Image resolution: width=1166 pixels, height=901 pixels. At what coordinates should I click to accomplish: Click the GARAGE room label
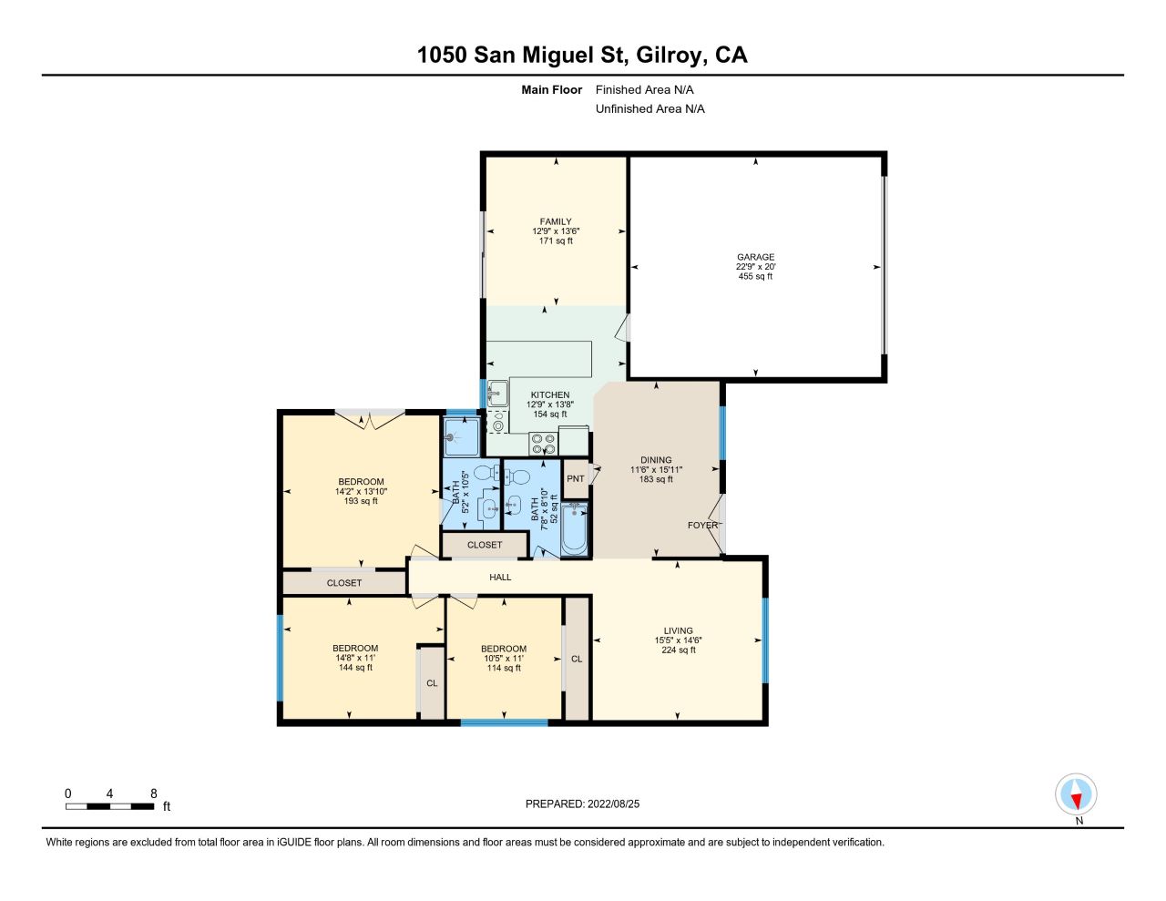pyautogui.click(x=755, y=257)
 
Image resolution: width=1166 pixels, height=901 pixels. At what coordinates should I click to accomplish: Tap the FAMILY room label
pyautogui.click(x=556, y=221)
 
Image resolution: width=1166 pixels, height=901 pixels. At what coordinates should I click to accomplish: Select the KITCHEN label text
pyautogui.click(x=550, y=395)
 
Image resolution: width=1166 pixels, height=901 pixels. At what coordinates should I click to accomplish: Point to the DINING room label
pyautogui.click(x=656, y=460)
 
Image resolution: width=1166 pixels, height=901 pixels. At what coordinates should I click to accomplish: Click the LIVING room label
pyautogui.click(x=679, y=630)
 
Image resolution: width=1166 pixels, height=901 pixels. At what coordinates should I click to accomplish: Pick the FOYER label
pyautogui.click(x=703, y=526)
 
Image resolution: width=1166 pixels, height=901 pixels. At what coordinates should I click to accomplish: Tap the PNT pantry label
pyautogui.click(x=575, y=478)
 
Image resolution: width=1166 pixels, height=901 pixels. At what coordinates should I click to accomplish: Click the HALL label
pyautogui.click(x=500, y=578)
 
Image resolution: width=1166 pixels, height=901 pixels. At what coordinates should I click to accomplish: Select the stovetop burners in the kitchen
pyautogui.click(x=543, y=444)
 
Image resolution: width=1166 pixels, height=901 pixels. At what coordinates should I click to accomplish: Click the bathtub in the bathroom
pyautogui.click(x=574, y=529)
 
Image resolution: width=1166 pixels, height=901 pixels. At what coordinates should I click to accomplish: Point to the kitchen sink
pyautogui.click(x=498, y=394)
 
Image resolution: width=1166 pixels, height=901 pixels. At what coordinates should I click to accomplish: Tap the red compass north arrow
pyautogui.click(x=1076, y=800)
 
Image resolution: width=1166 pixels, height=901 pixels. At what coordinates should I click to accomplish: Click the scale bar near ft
pyautogui.click(x=110, y=806)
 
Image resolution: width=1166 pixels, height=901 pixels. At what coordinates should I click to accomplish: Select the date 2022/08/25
pyautogui.click(x=613, y=804)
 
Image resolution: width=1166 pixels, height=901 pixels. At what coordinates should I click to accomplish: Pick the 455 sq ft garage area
pyautogui.click(x=755, y=276)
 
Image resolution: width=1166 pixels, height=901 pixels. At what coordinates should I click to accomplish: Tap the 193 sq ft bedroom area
pyautogui.click(x=361, y=501)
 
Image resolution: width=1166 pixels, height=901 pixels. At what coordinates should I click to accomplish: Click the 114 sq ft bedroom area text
pyautogui.click(x=504, y=668)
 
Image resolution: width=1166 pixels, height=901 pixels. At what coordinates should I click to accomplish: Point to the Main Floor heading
pyautogui.click(x=552, y=89)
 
